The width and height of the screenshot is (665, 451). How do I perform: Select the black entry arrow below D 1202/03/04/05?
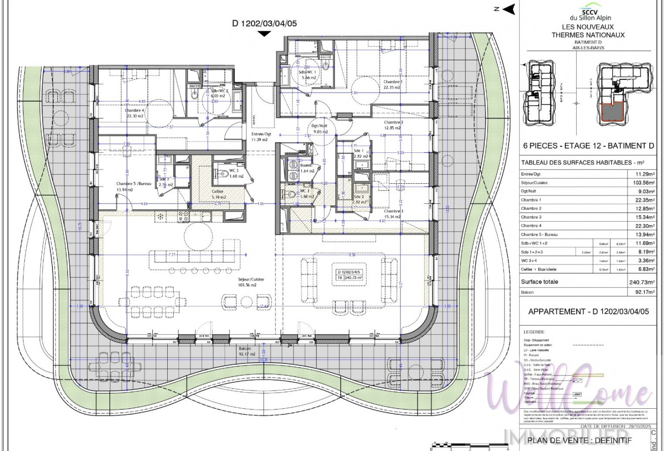(x=264, y=33)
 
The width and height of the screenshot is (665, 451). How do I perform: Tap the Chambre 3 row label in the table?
(x=531, y=217)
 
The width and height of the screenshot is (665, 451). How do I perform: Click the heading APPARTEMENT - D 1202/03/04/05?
(x=588, y=312)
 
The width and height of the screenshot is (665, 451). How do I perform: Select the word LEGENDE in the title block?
(x=534, y=332)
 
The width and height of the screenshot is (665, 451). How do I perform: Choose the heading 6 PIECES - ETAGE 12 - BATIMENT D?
(x=588, y=146)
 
